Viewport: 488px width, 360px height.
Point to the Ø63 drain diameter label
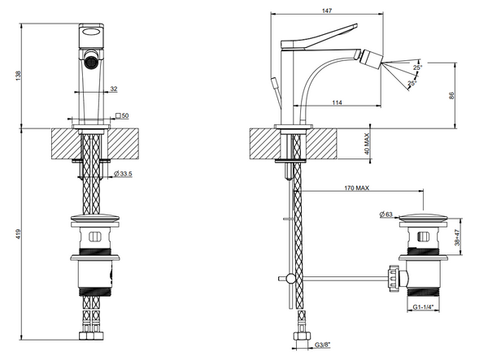click(x=387, y=214)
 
